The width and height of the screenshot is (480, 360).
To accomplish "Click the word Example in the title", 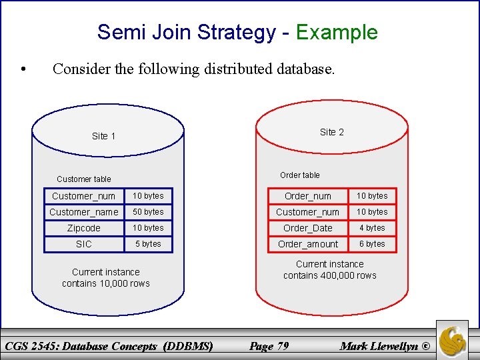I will coord(337,32).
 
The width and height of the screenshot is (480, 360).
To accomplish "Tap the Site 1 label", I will coord(103,136).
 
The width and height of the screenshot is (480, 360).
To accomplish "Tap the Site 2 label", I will coord(331,132).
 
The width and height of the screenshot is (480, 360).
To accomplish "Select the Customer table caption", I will coord(84,179).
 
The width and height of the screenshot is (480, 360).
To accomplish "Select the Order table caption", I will coord(299,175).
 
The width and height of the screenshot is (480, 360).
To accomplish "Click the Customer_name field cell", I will coord(84,212).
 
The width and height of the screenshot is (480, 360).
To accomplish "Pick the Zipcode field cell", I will coord(84,228).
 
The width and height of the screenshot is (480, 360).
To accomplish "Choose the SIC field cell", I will coord(84,244).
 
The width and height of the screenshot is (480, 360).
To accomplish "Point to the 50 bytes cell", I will coord(148,212).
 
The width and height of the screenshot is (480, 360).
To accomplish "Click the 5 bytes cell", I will coord(148,244).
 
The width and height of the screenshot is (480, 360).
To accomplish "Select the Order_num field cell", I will coord(308,196).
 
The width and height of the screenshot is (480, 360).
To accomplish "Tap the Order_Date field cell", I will coord(308,228).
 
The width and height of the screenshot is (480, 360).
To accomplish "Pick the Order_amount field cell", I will coord(308,244).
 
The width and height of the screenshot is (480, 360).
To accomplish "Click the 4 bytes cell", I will coord(372,228).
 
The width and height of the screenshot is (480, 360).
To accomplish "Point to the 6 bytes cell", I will coord(372,244).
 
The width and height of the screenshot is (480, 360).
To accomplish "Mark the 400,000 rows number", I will coord(339,275).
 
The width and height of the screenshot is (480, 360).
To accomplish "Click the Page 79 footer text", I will coord(269,345).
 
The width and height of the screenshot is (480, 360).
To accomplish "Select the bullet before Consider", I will coord(23,69).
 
